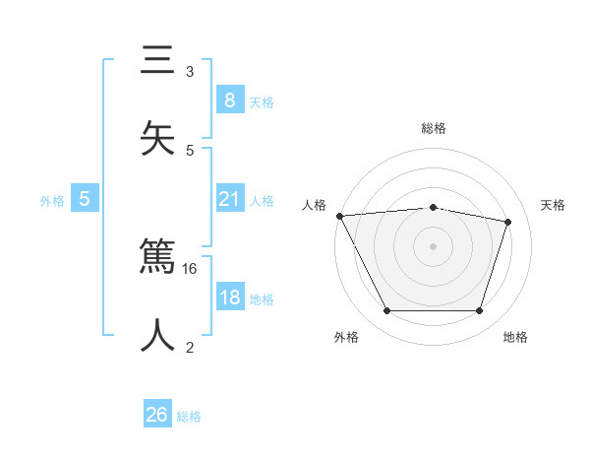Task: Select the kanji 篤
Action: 157,258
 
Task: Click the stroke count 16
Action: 191,268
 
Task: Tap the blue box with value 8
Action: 229,100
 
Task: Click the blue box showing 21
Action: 229,200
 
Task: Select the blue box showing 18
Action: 229,298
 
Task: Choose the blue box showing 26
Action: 157,415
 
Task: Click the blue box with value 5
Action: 85,199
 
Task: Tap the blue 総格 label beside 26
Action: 189,417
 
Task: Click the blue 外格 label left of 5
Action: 52,201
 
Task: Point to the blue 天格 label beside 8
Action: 261,102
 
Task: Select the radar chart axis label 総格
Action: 434,128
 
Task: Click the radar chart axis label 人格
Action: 314,205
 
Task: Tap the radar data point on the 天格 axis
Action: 507,222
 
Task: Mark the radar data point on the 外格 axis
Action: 387,311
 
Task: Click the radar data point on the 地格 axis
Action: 479,311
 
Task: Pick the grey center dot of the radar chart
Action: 433,246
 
